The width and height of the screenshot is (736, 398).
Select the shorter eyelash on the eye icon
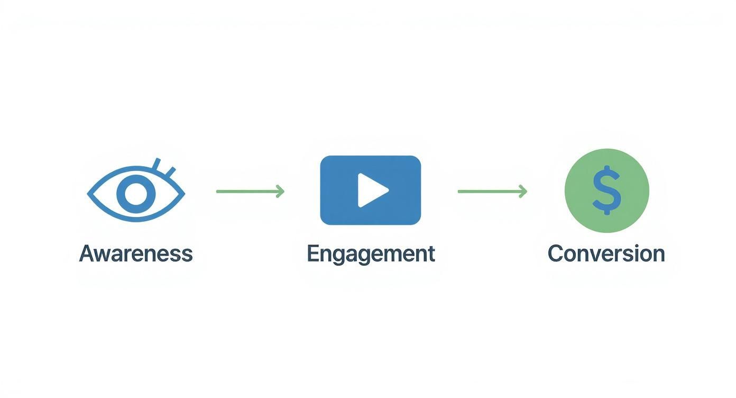170,171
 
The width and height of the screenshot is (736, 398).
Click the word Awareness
136,254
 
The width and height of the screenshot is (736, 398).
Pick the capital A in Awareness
87,254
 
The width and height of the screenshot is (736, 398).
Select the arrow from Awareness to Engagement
249,191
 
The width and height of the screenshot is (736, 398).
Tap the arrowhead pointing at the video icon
280,191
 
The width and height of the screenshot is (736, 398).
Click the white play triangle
371,190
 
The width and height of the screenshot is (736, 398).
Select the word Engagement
371,254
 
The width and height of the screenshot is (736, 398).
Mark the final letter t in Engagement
431,254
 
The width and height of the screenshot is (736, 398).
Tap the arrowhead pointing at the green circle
523,191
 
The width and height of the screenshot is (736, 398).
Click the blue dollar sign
606,190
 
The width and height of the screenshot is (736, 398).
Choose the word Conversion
606,254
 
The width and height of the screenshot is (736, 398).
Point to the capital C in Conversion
556,254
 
